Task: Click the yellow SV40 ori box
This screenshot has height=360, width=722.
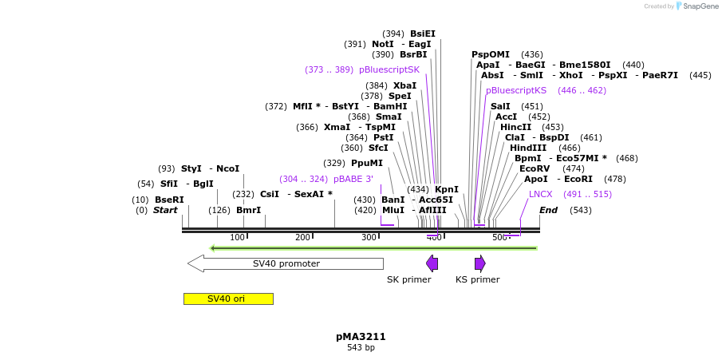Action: pyautogui.click(x=228, y=299)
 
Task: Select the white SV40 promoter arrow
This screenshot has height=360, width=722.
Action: pyautogui.click(x=286, y=263)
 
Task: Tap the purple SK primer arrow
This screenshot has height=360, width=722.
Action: pyautogui.click(x=432, y=263)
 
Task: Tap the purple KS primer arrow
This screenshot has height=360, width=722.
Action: pyautogui.click(x=479, y=263)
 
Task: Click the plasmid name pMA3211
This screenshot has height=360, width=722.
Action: pyautogui.click(x=361, y=337)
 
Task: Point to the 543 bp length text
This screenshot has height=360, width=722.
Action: pyautogui.click(x=361, y=348)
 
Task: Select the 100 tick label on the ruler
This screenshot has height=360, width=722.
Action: pyautogui.click(x=237, y=237)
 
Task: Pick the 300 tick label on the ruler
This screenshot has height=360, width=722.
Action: pyautogui.click(x=369, y=237)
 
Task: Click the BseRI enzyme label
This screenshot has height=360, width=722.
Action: pyautogui.click(x=169, y=200)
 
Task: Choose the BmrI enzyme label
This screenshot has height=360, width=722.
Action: pyautogui.click(x=248, y=210)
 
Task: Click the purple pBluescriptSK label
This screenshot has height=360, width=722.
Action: pyautogui.click(x=389, y=69)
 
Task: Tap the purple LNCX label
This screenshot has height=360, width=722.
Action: pyautogui.click(x=540, y=194)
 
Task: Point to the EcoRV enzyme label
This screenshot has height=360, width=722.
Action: pyautogui.click(x=535, y=168)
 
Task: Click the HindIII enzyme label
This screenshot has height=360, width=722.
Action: pyautogui.click(x=528, y=148)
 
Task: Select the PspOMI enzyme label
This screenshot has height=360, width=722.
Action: pyautogui.click(x=491, y=54)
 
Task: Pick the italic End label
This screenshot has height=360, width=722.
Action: pyautogui.click(x=548, y=210)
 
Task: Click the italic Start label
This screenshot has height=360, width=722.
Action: pyautogui.click(x=165, y=210)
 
